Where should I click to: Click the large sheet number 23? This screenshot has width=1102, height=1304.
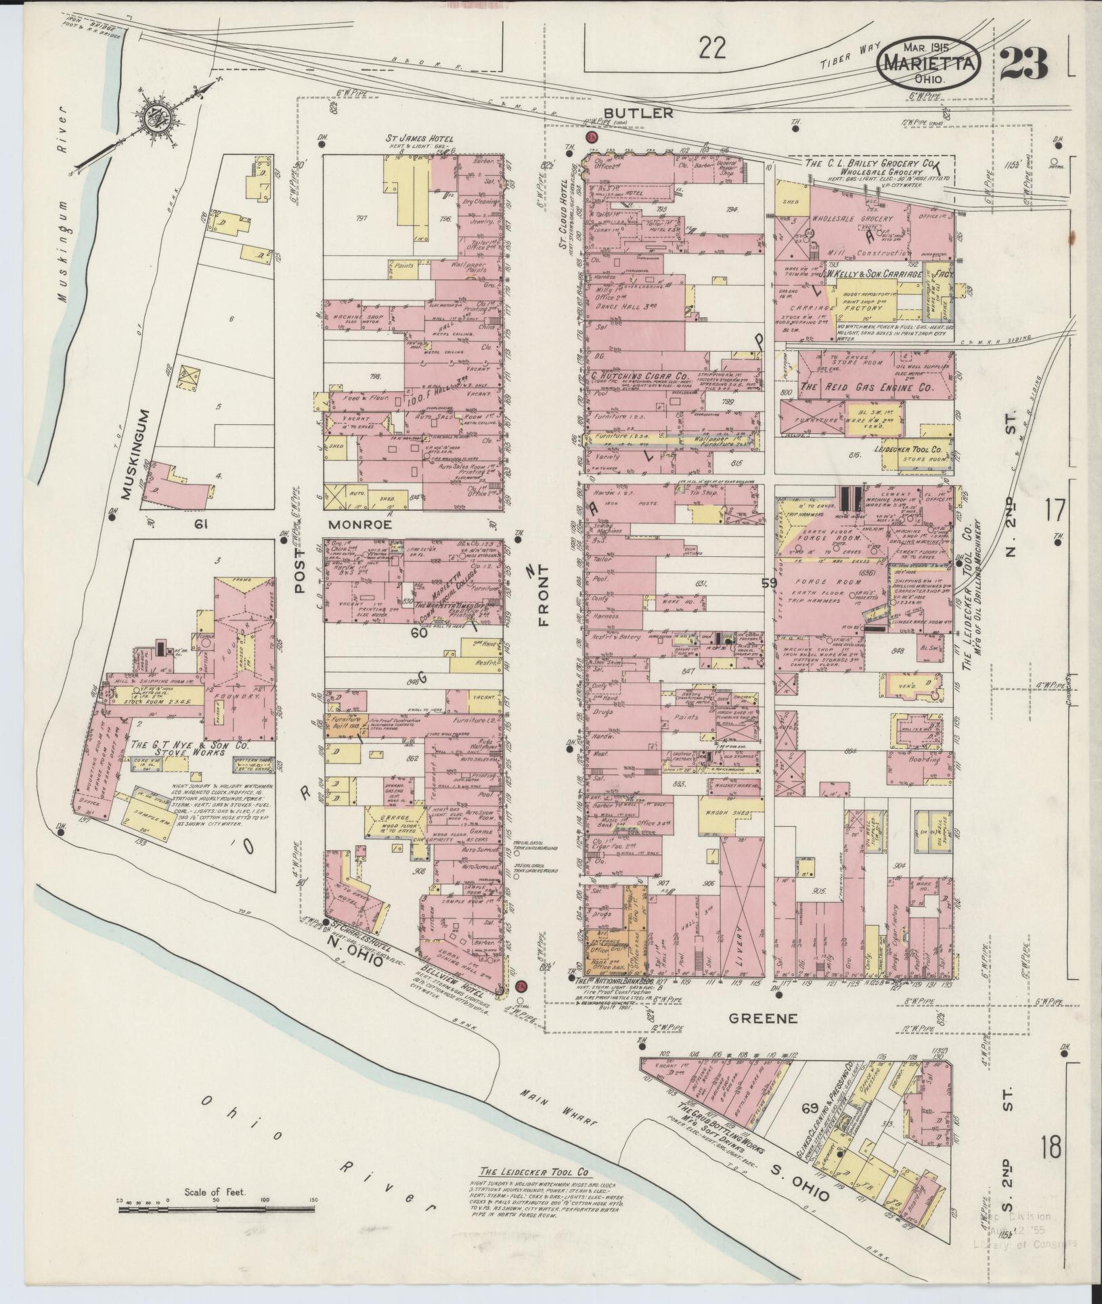pyautogui.click(x=1023, y=66)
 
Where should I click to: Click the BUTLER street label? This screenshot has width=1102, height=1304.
pyautogui.click(x=638, y=114)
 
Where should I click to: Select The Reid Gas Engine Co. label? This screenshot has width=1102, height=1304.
pyautogui.click(x=866, y=388)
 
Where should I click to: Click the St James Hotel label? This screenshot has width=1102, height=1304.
pyautogui.click(x=419, y=139)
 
